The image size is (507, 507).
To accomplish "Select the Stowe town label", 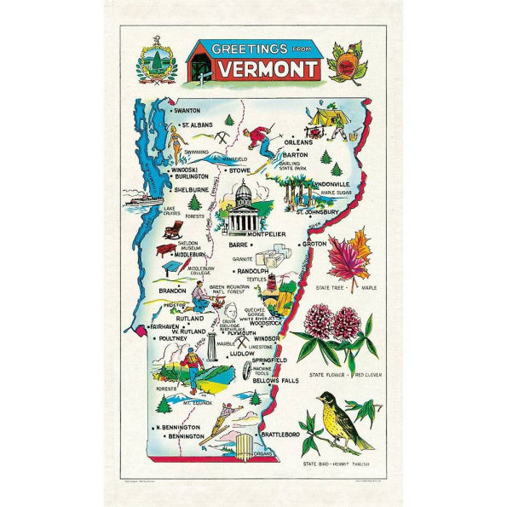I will pyautogui.click(x=240, y=170).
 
